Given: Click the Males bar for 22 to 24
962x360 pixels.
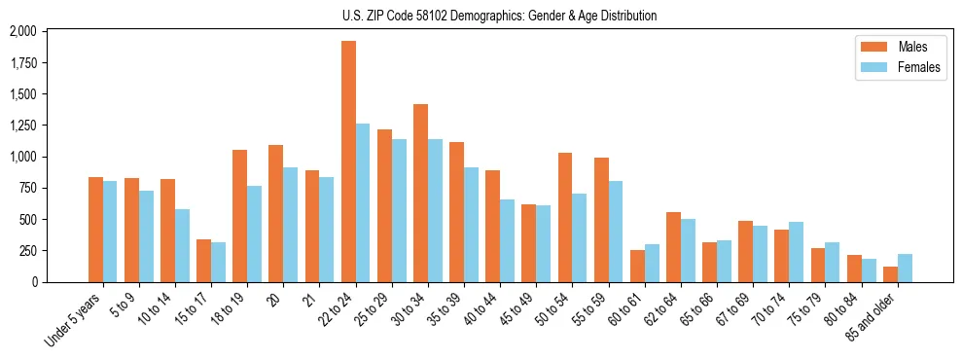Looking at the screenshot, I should pyautogui.click(x=348, y=162).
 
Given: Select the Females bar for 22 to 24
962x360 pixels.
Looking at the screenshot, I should pyautogui.click(x=363, y=202).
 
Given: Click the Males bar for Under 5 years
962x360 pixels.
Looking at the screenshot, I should pyautogui.click(x=95, y=230).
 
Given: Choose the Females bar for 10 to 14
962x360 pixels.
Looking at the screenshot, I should pyautogui.click(x=182, y=245).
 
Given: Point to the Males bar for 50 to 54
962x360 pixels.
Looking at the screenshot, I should pyautogui.click(x=565, y=217).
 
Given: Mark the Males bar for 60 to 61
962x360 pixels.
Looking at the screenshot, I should pyautogui.click(x=637, y=266).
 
